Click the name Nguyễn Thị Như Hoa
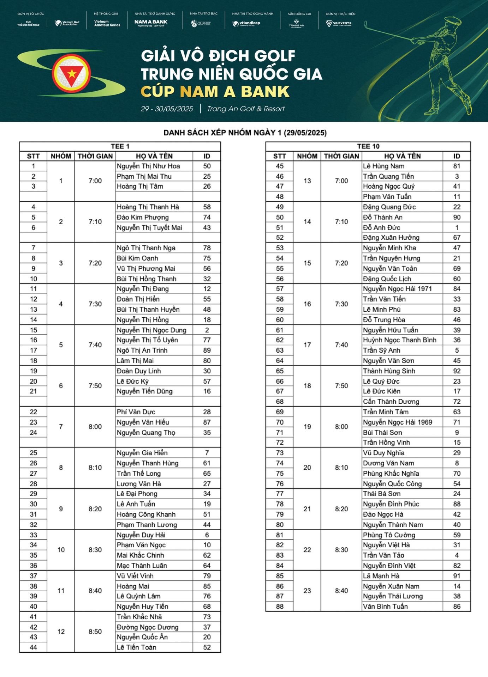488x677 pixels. point(148,166)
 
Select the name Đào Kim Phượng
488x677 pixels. point(143,217)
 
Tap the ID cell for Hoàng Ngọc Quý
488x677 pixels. point(457,186)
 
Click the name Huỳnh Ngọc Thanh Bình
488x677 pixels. point(399,340)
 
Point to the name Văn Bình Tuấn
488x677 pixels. point(385,606)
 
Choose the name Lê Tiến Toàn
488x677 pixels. point(136,647)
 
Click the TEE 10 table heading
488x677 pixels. point(368,146)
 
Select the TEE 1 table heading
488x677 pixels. point(120,146)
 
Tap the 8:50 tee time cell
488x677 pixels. point(95,632)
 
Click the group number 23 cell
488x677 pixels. point(307,591)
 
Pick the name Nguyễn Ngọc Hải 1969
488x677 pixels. point(397,422)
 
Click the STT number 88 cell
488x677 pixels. point(280,606)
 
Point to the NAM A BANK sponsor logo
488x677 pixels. point(151,23)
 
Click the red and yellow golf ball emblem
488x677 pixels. point(72,74)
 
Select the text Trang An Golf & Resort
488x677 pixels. point(246,109)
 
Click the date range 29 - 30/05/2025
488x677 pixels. point(167,109)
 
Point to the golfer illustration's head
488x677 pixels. point(452,23)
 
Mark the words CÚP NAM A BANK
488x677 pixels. point(215,92)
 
